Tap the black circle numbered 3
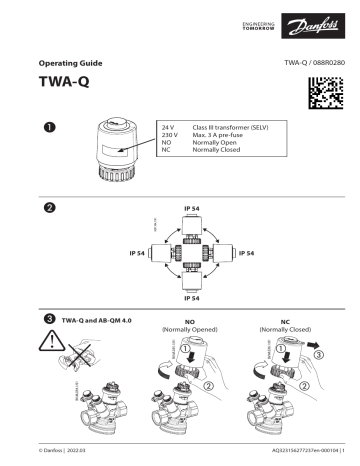48,318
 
